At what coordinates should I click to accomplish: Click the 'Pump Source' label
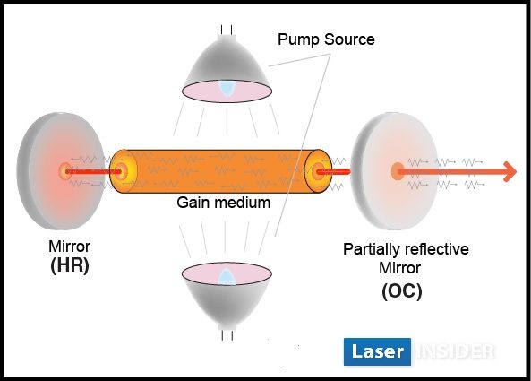[326, 39]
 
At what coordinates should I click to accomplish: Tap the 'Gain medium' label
[224, 203]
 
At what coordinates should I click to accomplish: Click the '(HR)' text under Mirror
[70, 265]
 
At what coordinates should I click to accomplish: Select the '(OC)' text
[402, 290]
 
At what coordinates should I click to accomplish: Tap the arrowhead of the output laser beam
[510, 172]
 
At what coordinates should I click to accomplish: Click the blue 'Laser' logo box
[377, 351]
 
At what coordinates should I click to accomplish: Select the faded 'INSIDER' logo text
[456, 351]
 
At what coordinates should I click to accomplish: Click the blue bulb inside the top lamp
[227, 88]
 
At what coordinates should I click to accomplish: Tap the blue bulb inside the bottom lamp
[226, 277]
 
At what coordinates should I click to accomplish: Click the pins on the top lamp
[227, 30]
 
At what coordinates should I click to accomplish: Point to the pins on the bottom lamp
[227, 335]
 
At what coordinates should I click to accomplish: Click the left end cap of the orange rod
[124, 171]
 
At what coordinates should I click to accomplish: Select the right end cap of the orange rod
[318, 171]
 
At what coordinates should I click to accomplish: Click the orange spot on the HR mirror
[65, 171]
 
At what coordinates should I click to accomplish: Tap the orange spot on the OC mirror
[398, 171]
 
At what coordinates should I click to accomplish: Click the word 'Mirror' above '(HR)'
[70, 247]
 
